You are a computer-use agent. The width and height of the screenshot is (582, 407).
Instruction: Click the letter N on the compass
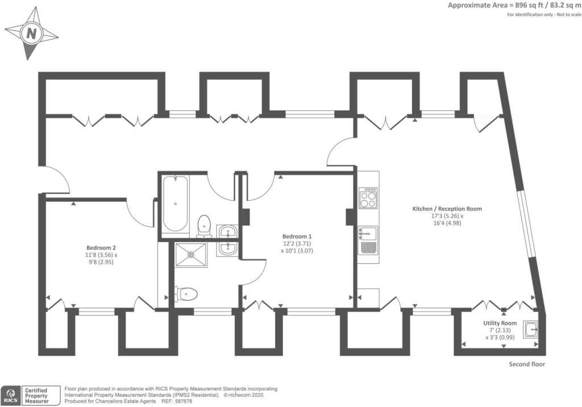point(32,34)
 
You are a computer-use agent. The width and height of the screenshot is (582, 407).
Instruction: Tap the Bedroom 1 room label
point(297,236)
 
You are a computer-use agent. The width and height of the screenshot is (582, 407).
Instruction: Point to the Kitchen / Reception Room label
point(447,209)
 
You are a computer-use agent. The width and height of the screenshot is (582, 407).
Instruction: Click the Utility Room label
point(500,323)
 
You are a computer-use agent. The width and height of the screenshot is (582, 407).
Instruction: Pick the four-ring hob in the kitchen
point(368,198)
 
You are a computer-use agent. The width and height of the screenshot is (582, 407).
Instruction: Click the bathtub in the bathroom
point(176,204)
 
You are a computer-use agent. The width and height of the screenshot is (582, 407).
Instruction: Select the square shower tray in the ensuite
point(191,255)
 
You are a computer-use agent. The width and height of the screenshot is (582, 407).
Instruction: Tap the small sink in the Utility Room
point(530,329)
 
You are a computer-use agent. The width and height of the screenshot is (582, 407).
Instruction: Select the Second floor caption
point(527,364)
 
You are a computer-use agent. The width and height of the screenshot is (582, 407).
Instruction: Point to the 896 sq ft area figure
point(526,5)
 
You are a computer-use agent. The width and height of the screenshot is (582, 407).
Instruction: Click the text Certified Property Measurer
point(36,396)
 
